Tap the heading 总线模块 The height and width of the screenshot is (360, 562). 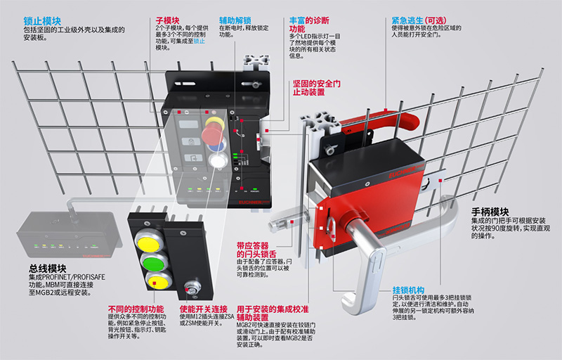(x=46, y=268)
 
